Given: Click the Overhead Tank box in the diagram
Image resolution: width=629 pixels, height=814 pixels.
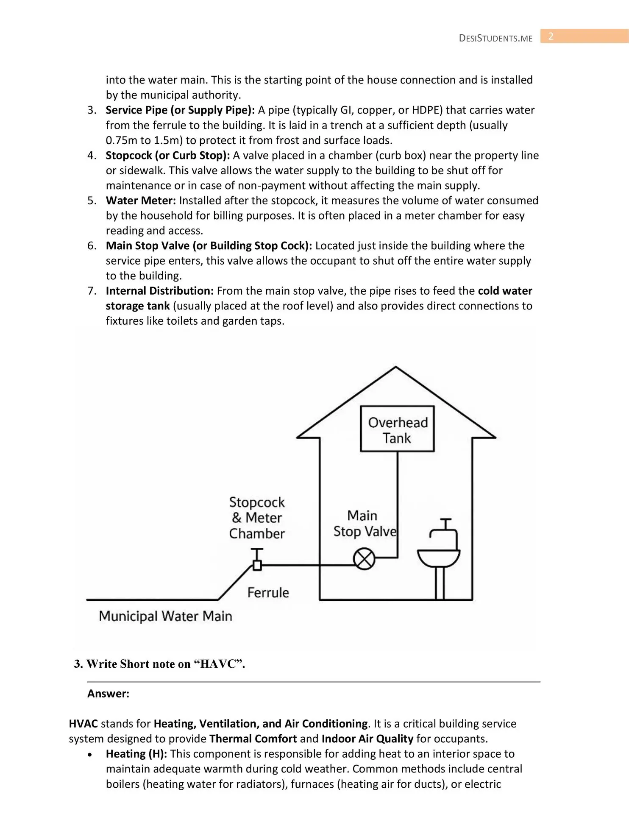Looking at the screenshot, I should click(397, 429).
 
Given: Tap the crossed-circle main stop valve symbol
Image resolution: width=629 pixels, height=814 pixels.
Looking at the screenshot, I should click(364, 559).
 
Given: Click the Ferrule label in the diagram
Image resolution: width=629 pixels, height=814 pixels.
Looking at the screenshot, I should click(268, 592).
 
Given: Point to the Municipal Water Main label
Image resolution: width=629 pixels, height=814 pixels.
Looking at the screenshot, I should click(165, 616).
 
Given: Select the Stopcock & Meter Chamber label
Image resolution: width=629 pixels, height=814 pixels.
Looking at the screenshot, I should click(257, 518).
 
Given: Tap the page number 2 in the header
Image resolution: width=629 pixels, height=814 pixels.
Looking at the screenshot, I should click(551, 36).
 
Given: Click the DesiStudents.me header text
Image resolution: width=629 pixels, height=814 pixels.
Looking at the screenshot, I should click(495, 38).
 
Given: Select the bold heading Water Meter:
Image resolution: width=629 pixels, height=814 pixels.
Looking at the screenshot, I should click(141, 201).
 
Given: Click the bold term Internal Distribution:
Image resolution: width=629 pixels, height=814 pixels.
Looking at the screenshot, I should click(160, 291).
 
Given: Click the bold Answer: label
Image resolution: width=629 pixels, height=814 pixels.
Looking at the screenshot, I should click(108, 694).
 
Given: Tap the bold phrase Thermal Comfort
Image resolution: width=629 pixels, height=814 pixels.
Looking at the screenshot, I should click(253, 739).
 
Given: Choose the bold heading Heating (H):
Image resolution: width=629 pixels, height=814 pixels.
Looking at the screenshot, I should click(136, 754).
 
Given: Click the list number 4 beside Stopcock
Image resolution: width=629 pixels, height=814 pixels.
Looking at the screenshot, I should click(92, 156).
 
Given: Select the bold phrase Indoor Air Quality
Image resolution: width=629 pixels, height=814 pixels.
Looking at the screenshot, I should click(367, 739).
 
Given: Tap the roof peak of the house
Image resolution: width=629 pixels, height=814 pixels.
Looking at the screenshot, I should click(395, 368).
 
